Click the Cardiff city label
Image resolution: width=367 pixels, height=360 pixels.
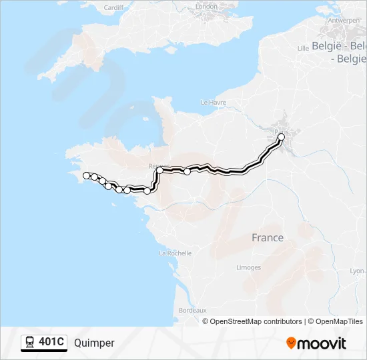point(113,8)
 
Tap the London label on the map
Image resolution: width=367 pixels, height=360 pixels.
point(206,7)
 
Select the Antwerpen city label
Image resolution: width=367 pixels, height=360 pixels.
point(344,20)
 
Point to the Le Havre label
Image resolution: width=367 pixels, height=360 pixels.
point(214,103)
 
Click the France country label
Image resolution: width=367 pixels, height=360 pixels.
point(267,238)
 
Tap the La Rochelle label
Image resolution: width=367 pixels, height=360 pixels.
point(175,253)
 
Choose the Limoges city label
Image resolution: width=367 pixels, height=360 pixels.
point(248,267)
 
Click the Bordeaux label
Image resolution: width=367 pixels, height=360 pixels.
point(193,311)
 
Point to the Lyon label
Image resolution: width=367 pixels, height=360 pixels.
point(358,271)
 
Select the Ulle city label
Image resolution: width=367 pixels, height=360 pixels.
point(303,48)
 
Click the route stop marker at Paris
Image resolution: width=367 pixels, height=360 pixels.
point(281,137)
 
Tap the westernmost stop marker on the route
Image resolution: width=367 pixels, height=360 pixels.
point(85,175)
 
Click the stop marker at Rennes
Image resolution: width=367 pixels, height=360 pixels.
point(160,170)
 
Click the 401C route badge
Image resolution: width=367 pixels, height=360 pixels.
point(44,343)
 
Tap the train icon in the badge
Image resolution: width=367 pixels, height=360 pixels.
point(30,343)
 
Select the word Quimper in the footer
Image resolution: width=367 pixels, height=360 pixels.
point(94,343)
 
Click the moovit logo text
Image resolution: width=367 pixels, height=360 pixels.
point(322,343)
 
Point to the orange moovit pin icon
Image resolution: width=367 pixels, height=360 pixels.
point(291,343)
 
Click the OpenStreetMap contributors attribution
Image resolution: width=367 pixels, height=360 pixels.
point(256,321)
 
